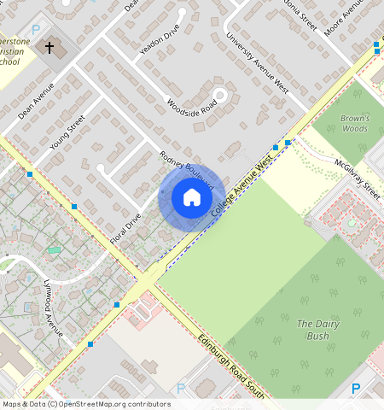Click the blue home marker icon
click(x=192, y=198)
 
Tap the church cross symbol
click(x=49, y=48)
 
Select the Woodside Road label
click(x=192, y=111)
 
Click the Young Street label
click(x=67, y=132)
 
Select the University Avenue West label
click(x=257, y=64)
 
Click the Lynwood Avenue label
click(x=53, y=309)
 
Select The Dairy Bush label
click(x=317, y=330)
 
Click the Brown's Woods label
click(x=354, y=124)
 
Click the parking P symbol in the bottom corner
click(x=356, y=388)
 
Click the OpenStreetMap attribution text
click(x=86, y=404)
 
